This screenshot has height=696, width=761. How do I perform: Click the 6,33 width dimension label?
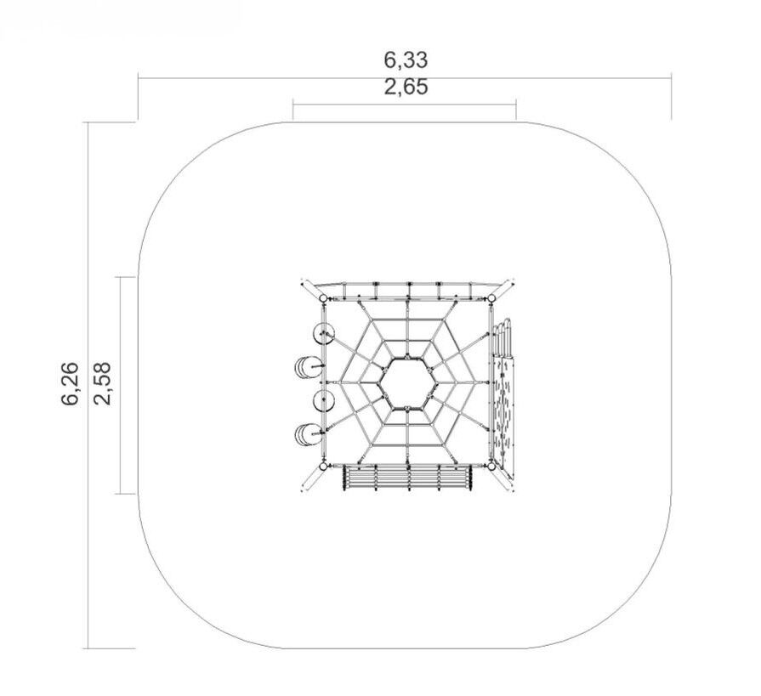(406, 60)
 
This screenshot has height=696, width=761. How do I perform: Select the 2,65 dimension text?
(406, 88)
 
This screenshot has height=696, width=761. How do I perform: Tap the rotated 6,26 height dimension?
(70, 383)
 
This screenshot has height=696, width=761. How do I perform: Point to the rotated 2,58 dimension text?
(103, 383)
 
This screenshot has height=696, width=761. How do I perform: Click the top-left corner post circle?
(323, 297)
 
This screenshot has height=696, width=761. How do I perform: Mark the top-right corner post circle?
(491, 297)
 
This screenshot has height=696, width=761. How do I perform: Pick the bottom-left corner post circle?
(323, 466)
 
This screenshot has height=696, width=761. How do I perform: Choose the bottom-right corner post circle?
(491, 466)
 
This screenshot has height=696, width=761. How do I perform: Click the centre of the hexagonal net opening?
(407, 382)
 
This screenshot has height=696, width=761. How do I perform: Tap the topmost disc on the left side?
(323, 334)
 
